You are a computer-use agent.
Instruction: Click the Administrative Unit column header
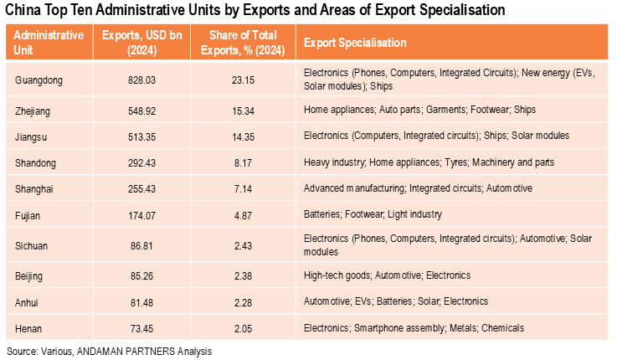pyautogui.click(x=49, y=42)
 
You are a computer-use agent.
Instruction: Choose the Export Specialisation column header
pyautogui.click(x=355, y=43)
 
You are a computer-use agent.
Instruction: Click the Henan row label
pyautogui.click(x=31, y=327)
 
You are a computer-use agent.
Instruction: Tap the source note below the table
pyautogui.click(x=110, y=351)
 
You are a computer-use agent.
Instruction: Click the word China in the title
pyautogui.click(x=26, y=11)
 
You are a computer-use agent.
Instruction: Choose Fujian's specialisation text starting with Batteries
pyautogui.click(x=373, y=214)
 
